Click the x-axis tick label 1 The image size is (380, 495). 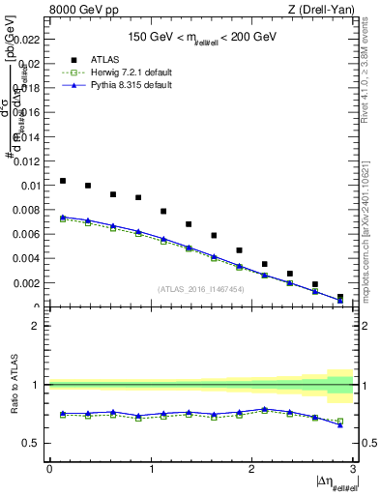point(151,469)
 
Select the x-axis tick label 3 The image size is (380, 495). point(353,469)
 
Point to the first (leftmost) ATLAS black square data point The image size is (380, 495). point(63,181)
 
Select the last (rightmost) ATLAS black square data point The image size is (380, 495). point(340,297)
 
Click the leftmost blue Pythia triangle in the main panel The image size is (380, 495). point(63,217)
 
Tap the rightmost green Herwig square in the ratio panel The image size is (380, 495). point(340,421)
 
